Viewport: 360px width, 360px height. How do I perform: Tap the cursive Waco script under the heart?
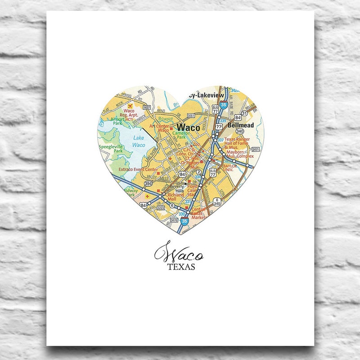click(x=179, y=253)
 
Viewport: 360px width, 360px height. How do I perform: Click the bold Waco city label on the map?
click(x=188, y=127)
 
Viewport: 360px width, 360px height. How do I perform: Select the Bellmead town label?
click(x=241, y=125)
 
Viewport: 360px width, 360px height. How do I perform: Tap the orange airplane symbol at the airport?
click(x=129, y=106)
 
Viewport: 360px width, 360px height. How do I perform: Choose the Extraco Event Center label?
click(x=138, y=170)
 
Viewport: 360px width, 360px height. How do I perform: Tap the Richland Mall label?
click(x=175, y=197)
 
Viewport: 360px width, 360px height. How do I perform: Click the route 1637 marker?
click(x=146, y=108)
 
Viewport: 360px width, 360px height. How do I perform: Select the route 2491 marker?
click(x=256, y=149)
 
